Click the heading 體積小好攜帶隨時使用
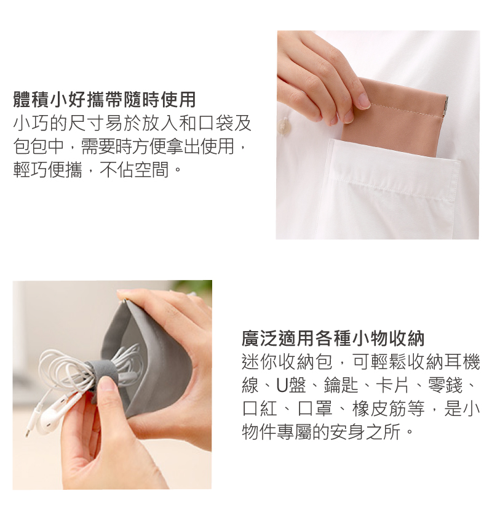(x=105, y=99)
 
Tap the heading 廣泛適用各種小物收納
(x=333, y=338)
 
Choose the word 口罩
(x=314, y=409)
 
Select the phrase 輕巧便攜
(x=47, y=170)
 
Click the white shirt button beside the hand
(x=284, y=126)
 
